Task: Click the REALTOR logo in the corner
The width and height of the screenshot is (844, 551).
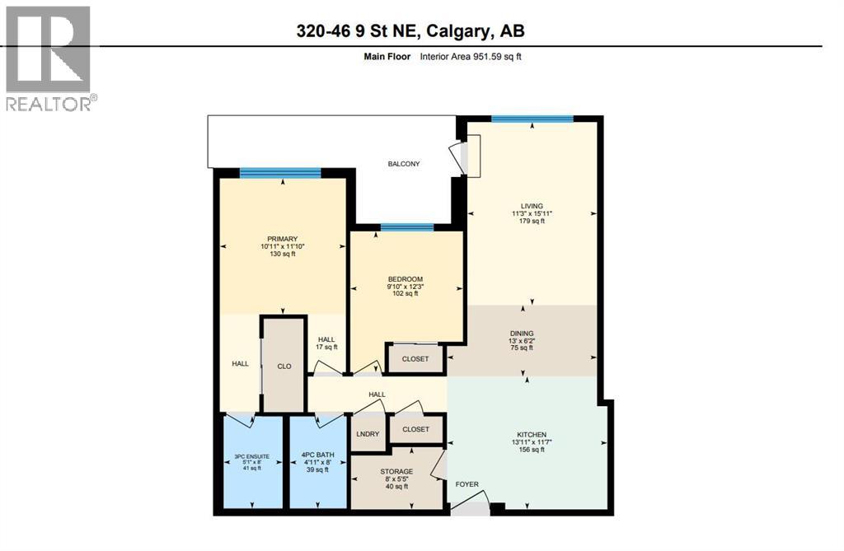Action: (49, 58)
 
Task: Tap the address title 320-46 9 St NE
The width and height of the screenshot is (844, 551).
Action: (410, 31)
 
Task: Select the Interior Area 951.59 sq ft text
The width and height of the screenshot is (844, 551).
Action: (471, 57)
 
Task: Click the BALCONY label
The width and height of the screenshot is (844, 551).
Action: (404, 164)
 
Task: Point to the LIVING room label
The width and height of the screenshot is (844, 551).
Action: (532, 206)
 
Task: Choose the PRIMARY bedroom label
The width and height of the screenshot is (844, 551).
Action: (282, 239)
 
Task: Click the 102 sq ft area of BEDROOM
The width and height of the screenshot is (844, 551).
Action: (405, 293)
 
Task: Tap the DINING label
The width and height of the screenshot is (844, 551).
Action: (521, 334)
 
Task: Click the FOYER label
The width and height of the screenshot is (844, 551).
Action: (467, 484)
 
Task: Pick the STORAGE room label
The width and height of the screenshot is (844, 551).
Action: (397, 471)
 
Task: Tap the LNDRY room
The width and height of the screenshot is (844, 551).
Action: (368, 433)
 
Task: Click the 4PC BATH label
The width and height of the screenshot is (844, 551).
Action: (317, 455)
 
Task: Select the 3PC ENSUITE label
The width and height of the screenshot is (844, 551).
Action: (252, 455)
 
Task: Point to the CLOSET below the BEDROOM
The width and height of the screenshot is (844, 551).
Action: (415, 359)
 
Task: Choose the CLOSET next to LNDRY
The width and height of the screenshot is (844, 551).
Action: (415, 429)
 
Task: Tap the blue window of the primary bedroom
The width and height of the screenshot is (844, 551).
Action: (280, 172)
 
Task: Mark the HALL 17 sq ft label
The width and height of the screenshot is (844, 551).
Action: (327, 343)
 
